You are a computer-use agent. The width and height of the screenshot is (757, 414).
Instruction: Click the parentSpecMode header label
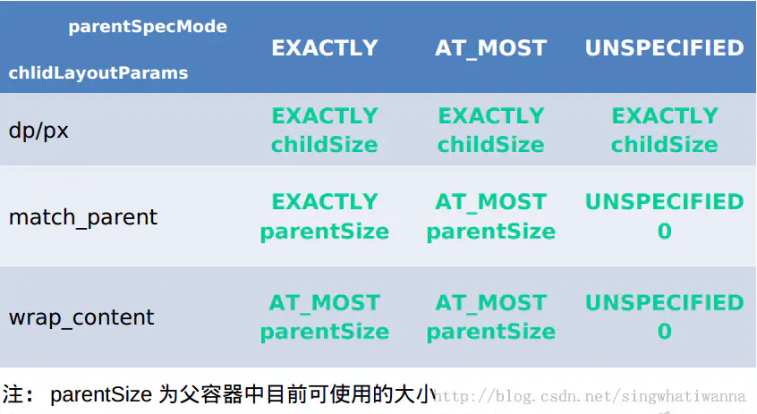tap(148, 27)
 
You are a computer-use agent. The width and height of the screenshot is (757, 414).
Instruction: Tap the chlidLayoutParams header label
tap(98, 72)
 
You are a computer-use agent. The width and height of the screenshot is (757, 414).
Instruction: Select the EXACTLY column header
tap(325, 47)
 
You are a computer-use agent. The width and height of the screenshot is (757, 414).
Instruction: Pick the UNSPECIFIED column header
tap(664, 47)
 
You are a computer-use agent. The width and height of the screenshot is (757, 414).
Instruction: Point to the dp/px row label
tap(38, 131)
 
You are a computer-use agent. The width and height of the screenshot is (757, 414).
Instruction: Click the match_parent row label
tap(83, 217)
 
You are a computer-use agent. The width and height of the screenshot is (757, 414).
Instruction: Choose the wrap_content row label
tap(81, 317)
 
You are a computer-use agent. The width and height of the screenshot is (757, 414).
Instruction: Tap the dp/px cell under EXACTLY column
tap(325, 131)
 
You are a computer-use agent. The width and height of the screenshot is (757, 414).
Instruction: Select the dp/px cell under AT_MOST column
tap(491, 131)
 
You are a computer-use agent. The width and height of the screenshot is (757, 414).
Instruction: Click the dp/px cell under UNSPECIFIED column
tap(665, 131)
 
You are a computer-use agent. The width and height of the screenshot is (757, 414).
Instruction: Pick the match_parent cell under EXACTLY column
tap(325, 216)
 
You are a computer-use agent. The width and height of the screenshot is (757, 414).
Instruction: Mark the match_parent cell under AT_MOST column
tap(491, 216)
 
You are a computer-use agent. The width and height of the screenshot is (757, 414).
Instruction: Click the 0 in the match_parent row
tap(665, 231)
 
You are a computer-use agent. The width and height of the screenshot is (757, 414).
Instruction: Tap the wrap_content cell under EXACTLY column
tap(325, 317)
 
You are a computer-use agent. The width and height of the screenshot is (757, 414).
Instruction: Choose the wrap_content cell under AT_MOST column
tap(491, 317)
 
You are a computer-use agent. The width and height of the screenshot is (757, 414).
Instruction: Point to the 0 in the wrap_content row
tap(665, 332)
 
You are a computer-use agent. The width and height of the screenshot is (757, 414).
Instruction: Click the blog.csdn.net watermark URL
tap(590, 396)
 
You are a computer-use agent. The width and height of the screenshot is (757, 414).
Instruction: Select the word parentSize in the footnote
tap(101, 395)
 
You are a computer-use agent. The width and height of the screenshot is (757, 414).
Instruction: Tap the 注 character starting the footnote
tap(12, 394)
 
